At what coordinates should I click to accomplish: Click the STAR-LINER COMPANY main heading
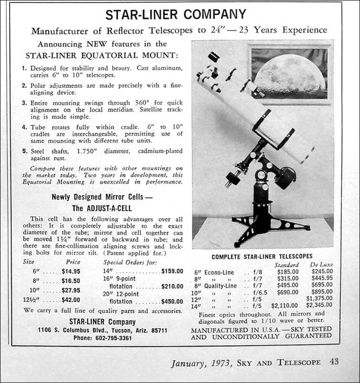tap(175, 15)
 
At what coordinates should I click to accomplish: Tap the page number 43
tap(333, 362)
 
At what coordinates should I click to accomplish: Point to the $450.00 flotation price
tap(172, 301)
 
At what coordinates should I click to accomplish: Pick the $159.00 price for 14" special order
tap(172, 271)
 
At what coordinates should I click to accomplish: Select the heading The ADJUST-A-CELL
tap(102, 208)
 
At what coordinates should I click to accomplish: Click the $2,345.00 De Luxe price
tap(319, 305)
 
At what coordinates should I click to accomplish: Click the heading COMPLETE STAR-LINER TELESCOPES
tap(262, 256)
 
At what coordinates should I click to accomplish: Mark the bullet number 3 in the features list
tap(24, 103)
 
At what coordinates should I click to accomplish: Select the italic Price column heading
tap(73, 262)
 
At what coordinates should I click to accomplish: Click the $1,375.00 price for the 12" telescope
tap(319, 298)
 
